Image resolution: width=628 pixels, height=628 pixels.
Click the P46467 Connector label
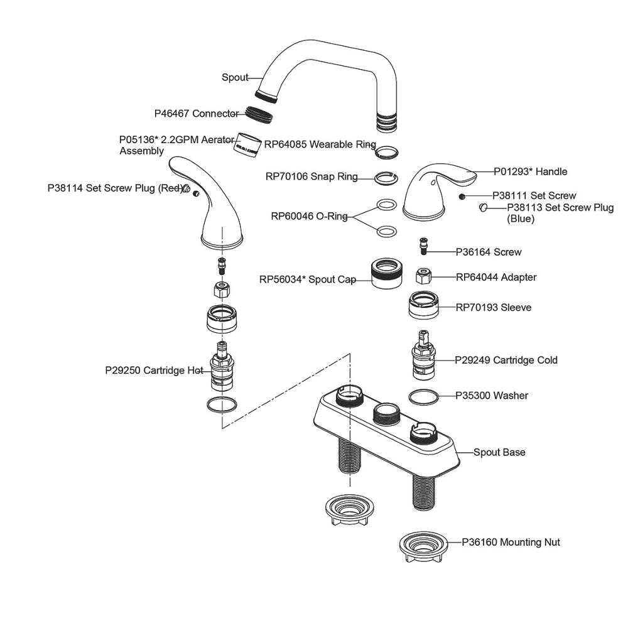(196, 114)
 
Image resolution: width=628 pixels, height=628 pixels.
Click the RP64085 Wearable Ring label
(320, 144)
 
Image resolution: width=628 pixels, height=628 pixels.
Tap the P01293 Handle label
(530, 171)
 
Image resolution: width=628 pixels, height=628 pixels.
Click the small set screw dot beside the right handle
(462, 196)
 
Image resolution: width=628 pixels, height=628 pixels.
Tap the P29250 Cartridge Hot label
(153, 371)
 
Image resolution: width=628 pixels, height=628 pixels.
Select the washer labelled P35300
(424, 397)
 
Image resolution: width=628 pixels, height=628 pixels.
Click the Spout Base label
(499, 452)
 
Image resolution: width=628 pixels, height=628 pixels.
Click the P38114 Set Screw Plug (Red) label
(114, 188)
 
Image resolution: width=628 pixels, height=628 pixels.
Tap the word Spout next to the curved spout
(235, 78)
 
